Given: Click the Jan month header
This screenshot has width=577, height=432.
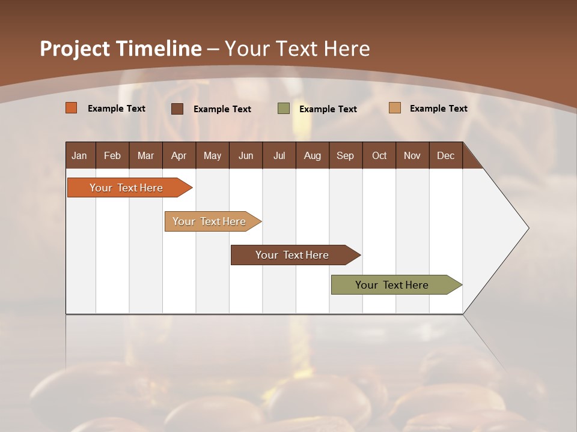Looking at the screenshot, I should coord(80,155).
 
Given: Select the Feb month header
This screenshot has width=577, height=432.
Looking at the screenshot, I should coord(112,155).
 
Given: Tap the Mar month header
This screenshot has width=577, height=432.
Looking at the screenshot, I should coord(145,155).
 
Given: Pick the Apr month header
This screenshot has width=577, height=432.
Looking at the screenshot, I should coord(179,155).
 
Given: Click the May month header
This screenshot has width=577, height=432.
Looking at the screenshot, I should coord(212,155).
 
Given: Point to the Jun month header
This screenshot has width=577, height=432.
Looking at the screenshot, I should coord(246,155).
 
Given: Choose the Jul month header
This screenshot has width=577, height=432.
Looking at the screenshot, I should coord(279,155).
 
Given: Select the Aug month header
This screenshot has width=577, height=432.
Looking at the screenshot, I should coord(313,155).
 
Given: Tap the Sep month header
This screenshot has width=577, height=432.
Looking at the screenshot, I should coord(346,155).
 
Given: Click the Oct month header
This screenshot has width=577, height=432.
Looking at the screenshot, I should coord(379,155).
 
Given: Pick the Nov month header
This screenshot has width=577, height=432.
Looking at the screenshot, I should coord(412,155).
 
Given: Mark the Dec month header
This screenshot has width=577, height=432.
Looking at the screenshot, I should coord(446,155).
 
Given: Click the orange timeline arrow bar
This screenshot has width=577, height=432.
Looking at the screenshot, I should coord(127,188).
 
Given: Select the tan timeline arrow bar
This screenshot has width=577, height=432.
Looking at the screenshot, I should coord(210,221).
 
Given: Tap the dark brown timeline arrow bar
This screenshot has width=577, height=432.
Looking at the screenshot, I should coord(293,255).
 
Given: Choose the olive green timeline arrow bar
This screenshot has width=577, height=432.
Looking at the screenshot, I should coord(392,285).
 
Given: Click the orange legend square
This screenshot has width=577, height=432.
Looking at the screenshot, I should coord(72,108).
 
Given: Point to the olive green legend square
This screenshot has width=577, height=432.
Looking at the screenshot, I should coord(284,109).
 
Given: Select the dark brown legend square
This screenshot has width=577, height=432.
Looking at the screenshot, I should coord(177,109).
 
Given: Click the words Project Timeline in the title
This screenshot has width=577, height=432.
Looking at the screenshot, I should coord(121,49).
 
